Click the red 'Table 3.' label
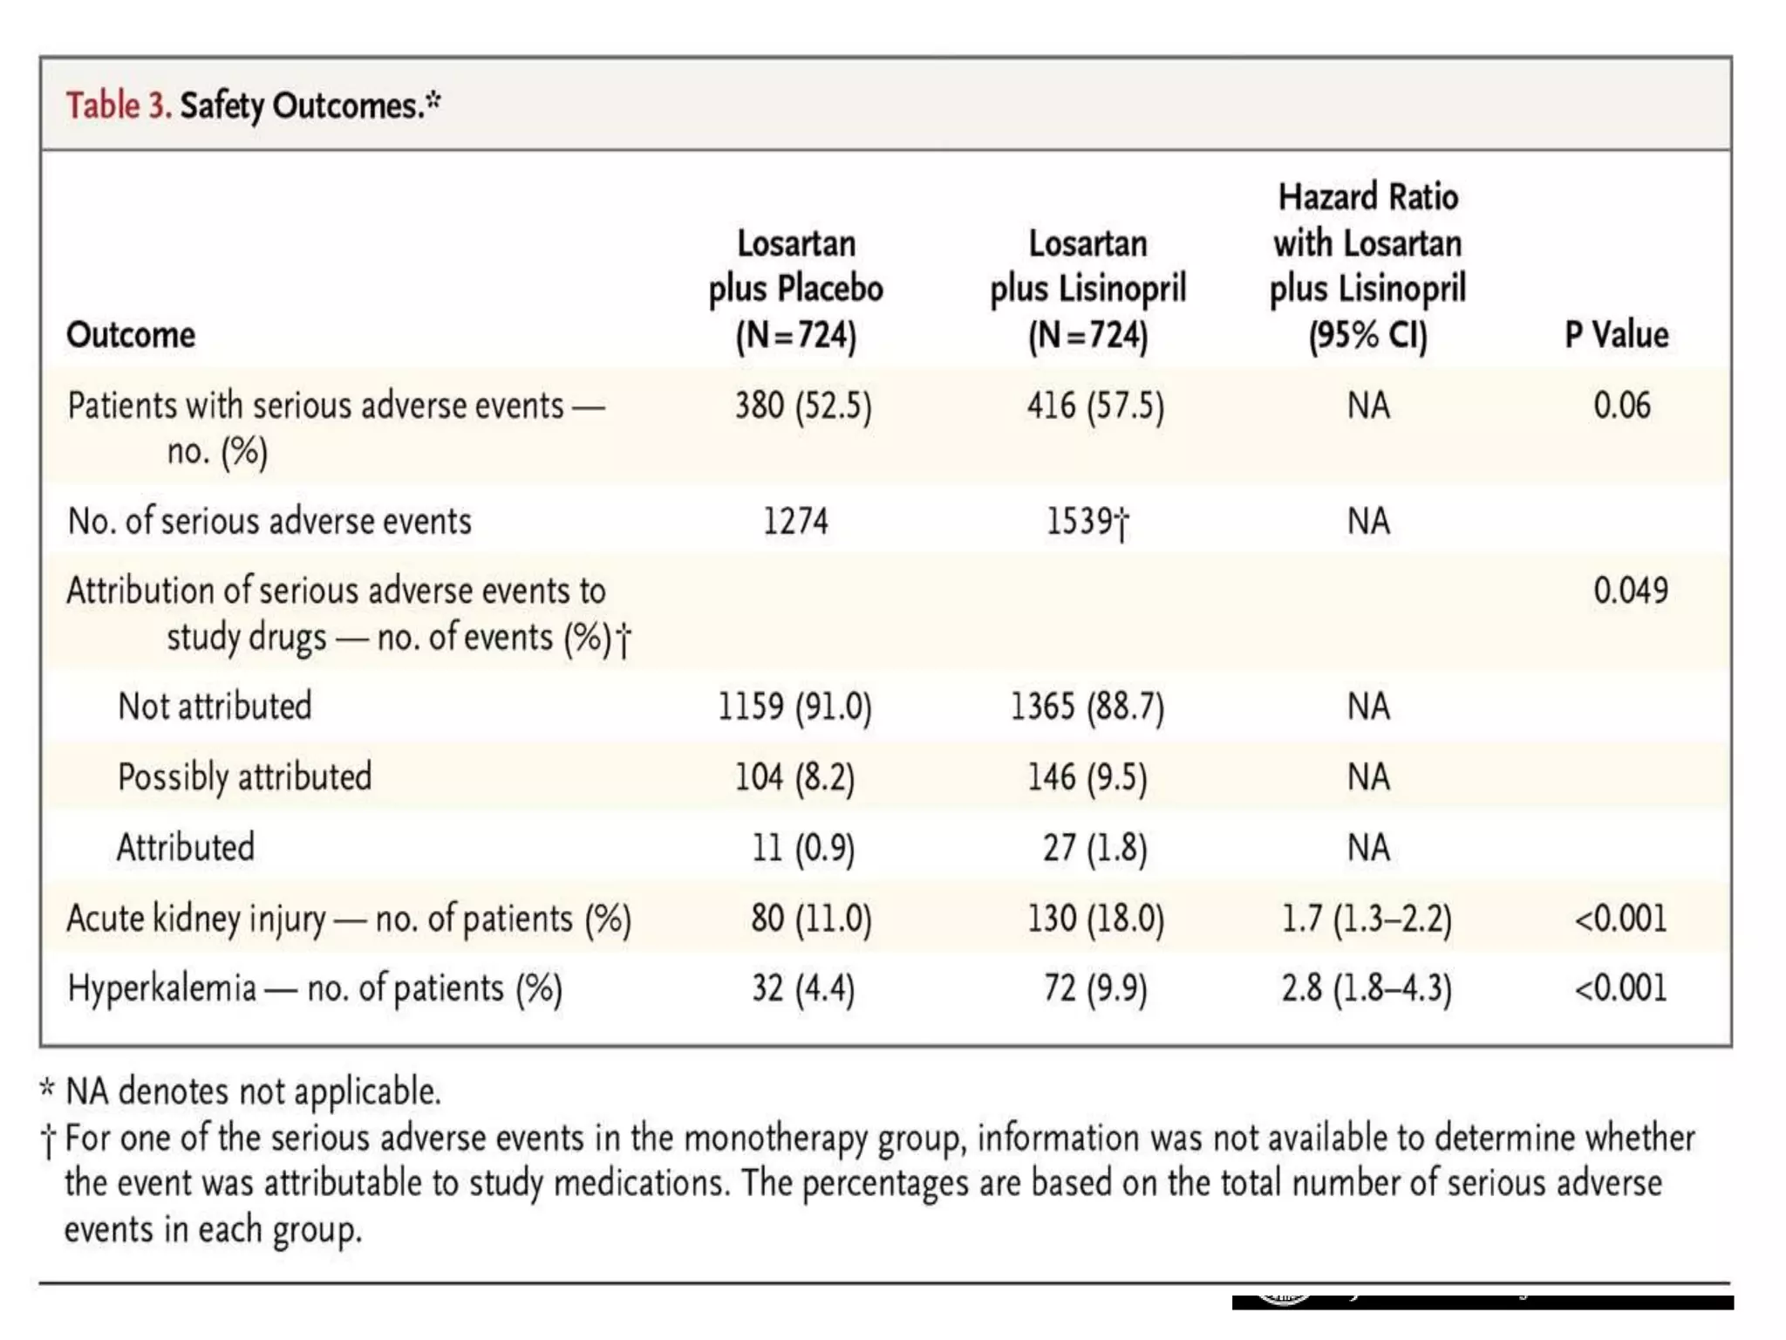point(119,106)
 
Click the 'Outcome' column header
point(131,335)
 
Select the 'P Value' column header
point(1616,335)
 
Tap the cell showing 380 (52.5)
point(802,406)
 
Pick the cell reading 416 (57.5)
point(1094,406)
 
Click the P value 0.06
point(1621,406)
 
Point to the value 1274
point(795,522)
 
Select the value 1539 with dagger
point(1087,522)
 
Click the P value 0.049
point(1630,591)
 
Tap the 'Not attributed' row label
point(215,706)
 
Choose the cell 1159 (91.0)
point(794,706)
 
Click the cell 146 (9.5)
point(1087,776)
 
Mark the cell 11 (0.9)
point(803,847)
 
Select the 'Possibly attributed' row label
point(244,776)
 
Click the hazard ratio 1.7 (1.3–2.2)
point(1367,919)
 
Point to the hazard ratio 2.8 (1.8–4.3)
point(1367,988)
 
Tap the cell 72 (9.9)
point(1095,988)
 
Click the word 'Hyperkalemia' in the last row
point(162,988)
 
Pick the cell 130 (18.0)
point(1095,919)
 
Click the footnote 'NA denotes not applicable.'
point(253,1091)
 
